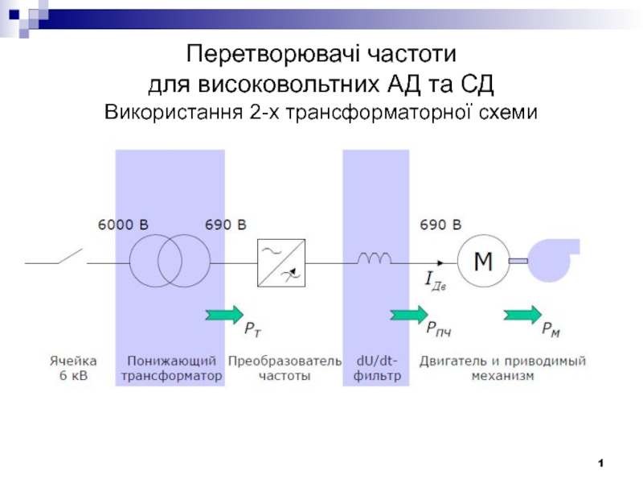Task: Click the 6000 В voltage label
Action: pyautogui.click(x=123, y=225)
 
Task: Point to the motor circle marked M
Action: pyautogui.click(x=483, y=261)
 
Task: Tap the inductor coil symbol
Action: pyautogui.click(x=374, y=258)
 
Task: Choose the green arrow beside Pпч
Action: pyautogui.click(x=408, y=314)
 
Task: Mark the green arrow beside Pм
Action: pyautogui.click(x=523, y=314)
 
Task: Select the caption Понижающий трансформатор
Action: pyautogui.click(x=170, y=369)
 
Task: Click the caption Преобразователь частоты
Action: pyautogui.click(x=285, y=369)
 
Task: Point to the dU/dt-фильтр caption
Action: pyautogui.click(x=376, y=369)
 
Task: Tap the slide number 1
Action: pyautogui.click(x=600, y=464)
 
